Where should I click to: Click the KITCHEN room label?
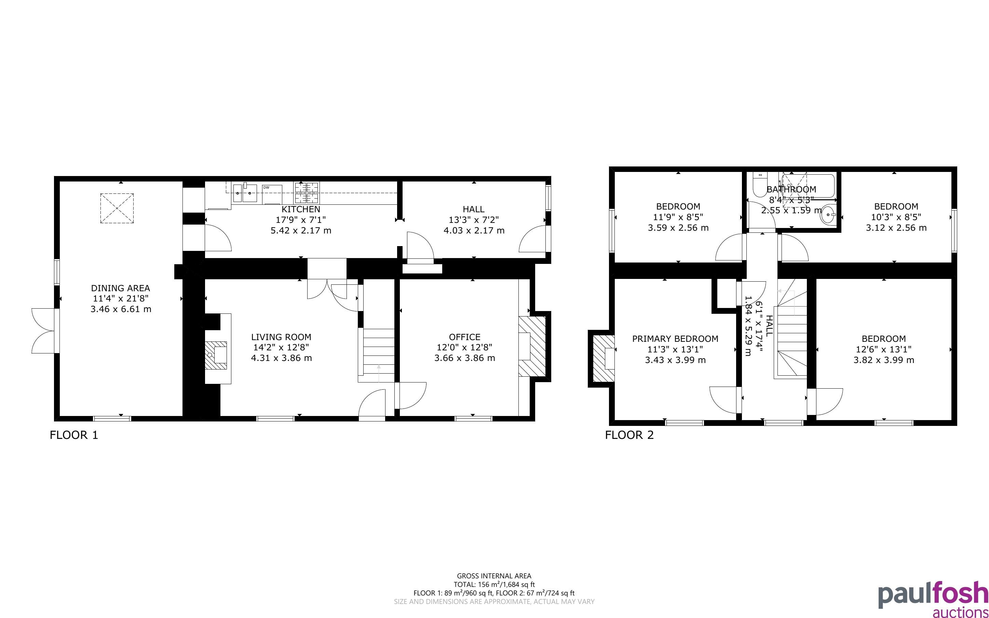click(301, 209)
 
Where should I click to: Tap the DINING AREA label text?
click(121, 288)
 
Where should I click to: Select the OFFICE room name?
click(464, 337)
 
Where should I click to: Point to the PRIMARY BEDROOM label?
click(675, 339)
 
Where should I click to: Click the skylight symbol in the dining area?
click(117, 209)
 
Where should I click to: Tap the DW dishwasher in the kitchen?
click(272, 194)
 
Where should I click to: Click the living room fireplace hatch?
click(216, 355)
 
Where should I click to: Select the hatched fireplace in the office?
click(532, 346)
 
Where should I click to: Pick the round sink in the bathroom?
click(829, 215)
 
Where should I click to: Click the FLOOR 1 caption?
click(74, 435)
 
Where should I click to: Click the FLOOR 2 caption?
click(629, 435)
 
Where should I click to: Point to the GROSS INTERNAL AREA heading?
click(494, 576)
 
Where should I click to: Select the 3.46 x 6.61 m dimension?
click(121, 309)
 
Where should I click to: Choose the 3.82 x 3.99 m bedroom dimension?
click(884, 360)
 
